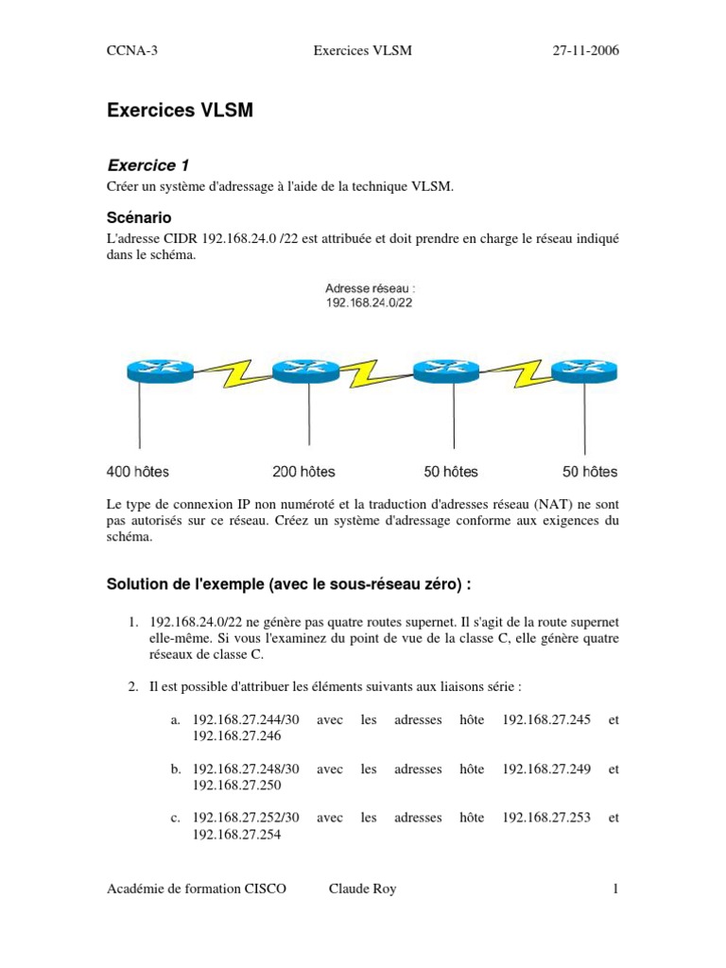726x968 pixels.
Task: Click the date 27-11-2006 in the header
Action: [x=585, y=51]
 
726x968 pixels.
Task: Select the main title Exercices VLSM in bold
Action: [x=180, y=111]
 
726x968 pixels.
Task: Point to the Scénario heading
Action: [x=139, y=217]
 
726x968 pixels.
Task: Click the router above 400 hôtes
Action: [x=161, y=372]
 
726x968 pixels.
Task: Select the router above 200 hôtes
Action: [x=305, y=372]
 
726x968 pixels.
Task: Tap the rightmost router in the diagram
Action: [x=584, y=372]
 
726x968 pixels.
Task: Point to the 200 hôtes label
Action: [x=304, y=471]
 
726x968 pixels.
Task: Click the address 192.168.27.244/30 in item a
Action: [x=246, y=720]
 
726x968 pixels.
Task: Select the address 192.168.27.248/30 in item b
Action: [x=246, y=769]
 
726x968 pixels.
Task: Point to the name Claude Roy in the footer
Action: [x=362, y=889]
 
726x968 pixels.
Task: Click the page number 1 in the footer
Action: [x=615, y=889]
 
